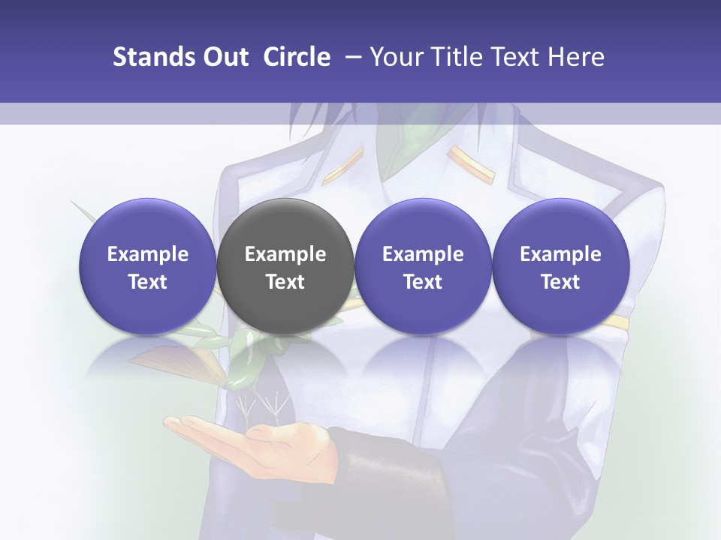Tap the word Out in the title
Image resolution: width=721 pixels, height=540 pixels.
point(225,57)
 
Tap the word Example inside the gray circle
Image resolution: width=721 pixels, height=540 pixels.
point(285,255)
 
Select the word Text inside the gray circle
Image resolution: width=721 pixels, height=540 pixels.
point(285,282)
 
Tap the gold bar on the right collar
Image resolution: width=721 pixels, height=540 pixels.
point(471,164)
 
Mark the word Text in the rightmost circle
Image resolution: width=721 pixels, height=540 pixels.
point(560,282)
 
